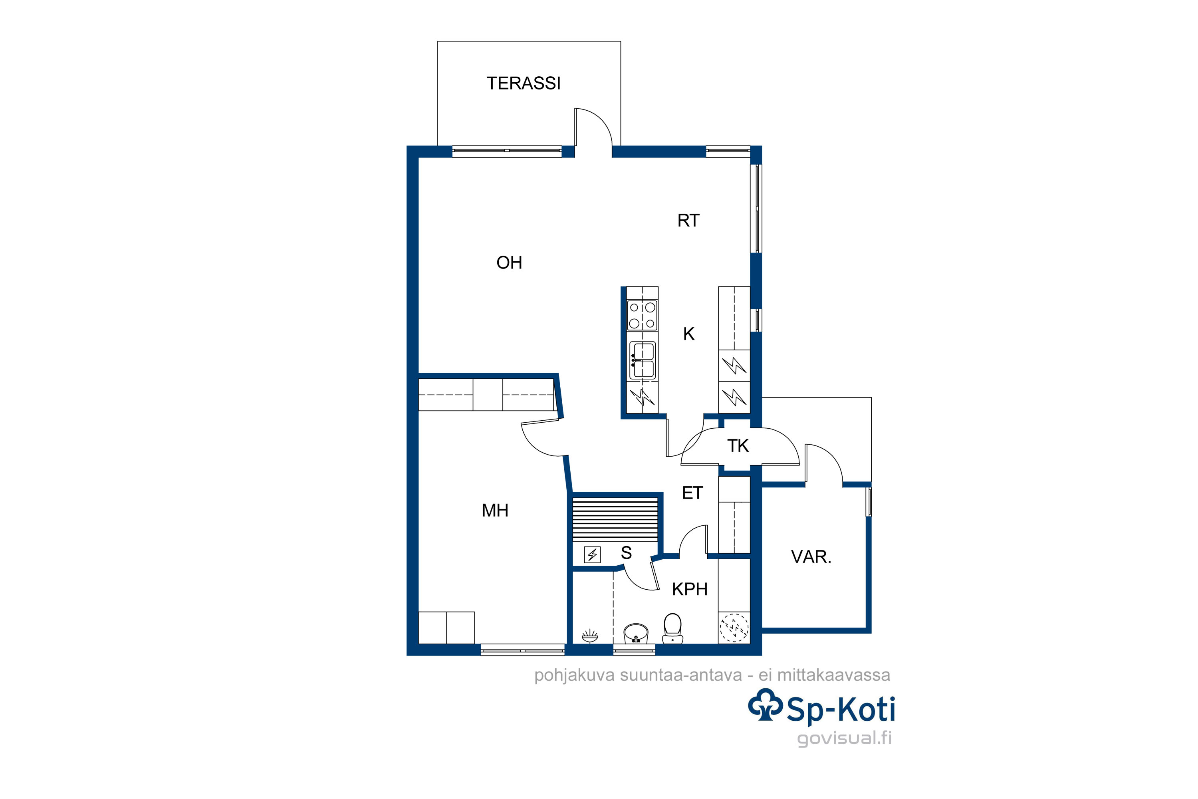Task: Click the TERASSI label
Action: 523,83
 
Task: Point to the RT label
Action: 688,221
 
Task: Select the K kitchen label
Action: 688,334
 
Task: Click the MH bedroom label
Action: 495,510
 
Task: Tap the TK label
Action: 738,446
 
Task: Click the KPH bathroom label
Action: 690,589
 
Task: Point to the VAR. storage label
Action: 811,557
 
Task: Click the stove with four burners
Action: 642,316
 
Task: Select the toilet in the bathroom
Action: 672,628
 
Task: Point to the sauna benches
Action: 615,519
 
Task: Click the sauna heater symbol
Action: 592,555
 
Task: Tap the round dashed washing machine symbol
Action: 734,628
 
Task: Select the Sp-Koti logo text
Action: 841,710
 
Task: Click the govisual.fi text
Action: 844,738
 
